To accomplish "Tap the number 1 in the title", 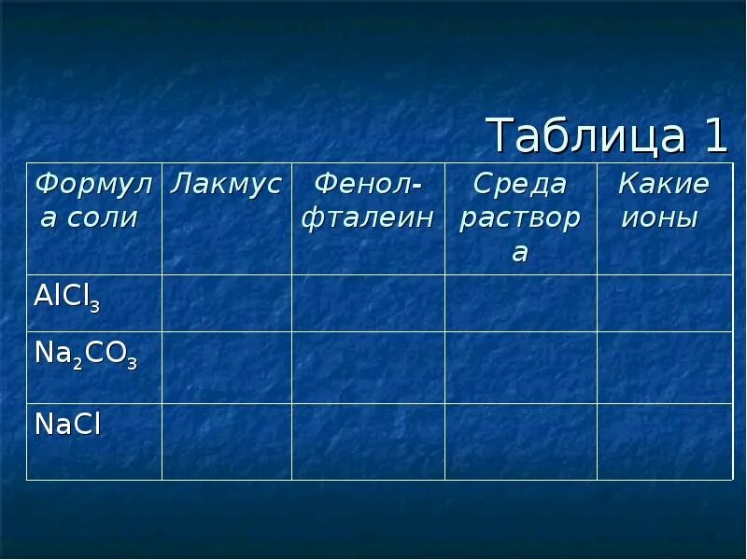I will point(714,136).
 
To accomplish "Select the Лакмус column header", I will point(226,185).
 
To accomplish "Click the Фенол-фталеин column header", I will point(367,201).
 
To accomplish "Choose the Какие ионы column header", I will point(663,201).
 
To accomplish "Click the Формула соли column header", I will point(92,201).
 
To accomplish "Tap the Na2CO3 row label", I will point(85,356).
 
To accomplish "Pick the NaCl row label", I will point(67,425).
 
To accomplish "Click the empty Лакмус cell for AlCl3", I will point(227,302).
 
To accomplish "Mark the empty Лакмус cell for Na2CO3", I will point(227,367).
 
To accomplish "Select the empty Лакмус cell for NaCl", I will point(227,441).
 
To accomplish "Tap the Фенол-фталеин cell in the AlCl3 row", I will point(368,302).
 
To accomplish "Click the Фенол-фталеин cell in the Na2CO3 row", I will point(368,367).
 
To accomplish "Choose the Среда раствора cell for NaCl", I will point(520,441).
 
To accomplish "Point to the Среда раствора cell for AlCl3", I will point(520,302).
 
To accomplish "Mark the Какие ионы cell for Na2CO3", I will point(664,367).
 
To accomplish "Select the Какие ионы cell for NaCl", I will point(664,441).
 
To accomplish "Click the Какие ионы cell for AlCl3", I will point(664,302).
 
